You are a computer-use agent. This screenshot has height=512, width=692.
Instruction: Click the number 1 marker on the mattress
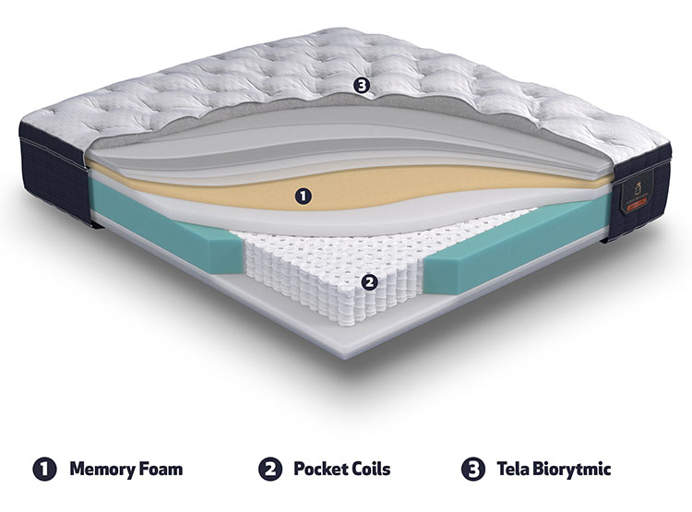click(303, 196)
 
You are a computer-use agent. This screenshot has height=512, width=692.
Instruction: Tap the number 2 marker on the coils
click(369, 281)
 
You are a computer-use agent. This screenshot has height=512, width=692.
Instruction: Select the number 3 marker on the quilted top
click(362, 86)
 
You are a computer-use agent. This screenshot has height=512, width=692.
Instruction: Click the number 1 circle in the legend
click(44, 470)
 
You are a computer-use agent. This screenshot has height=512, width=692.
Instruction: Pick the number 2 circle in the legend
click(269, 470)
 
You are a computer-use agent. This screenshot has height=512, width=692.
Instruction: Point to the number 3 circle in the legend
click(472, 470)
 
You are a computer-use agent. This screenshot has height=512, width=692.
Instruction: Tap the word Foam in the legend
click(161, 469)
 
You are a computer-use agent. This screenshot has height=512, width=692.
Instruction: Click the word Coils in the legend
click(372, 469)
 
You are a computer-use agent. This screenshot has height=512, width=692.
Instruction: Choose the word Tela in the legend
click(512, 469)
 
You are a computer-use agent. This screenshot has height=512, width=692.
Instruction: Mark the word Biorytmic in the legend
click(571, 470)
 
